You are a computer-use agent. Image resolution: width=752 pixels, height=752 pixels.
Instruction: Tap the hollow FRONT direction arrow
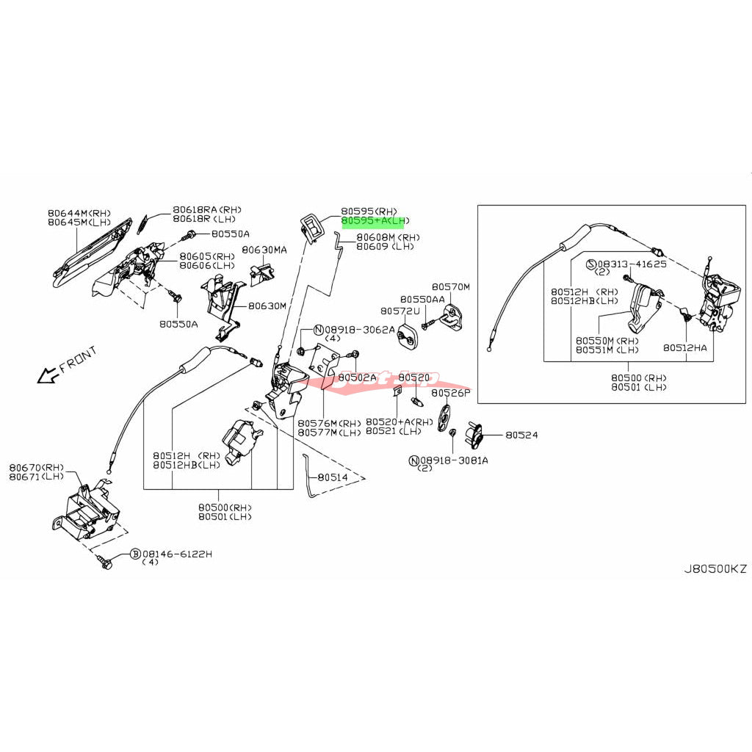point(48,376)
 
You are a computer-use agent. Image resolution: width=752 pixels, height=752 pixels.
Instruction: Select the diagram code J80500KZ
point(715,569)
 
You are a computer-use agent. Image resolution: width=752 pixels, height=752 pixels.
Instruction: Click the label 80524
point(521,435)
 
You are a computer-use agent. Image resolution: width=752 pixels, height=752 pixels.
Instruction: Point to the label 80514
point(333,477)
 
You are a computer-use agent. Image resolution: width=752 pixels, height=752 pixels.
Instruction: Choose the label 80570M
point(450,286)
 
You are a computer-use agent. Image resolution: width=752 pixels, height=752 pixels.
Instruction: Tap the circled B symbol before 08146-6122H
point(135,554)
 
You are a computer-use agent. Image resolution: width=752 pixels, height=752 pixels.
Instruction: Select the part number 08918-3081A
point(453,460)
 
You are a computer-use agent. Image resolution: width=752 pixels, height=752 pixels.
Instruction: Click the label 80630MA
point(264,250)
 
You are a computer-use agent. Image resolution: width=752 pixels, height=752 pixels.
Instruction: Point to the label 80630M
point(267,305)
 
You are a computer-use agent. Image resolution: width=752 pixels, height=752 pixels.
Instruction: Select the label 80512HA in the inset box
point(685,347)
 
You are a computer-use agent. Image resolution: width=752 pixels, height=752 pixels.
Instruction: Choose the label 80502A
point(357,377)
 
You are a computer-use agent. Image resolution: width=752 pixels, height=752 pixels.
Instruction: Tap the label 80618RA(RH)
point(207,209)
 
